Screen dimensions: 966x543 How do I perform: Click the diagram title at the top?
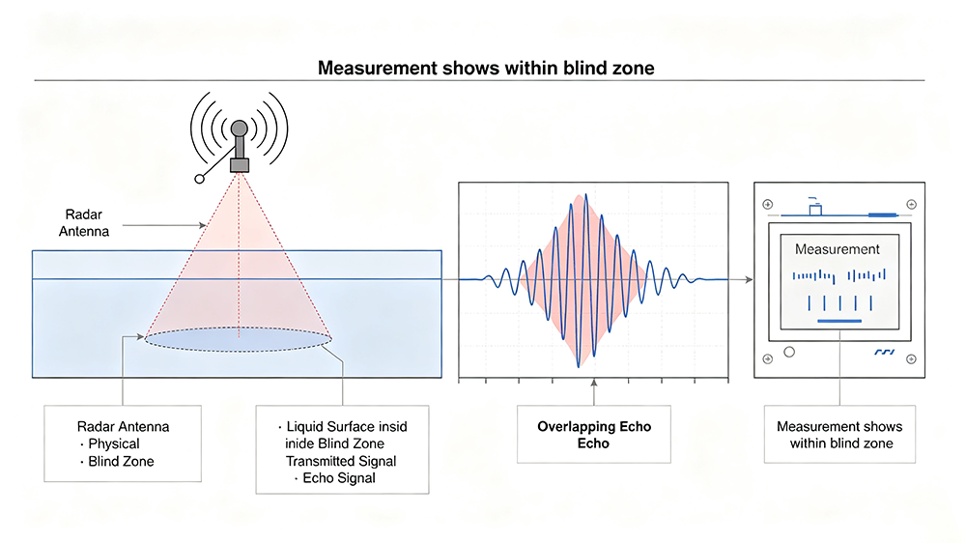coord(486,68)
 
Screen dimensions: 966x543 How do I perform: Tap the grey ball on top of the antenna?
coord(239,129)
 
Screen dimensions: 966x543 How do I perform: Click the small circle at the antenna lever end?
coord(200,179)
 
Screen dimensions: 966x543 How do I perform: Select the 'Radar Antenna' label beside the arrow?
coord(84,222)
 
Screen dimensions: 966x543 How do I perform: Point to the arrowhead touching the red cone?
coord(202,225)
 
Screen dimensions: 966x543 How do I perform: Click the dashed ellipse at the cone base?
coord(239,339)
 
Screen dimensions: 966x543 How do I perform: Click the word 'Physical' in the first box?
coord(114,443)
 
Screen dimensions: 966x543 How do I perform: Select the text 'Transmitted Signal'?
coord(341,461)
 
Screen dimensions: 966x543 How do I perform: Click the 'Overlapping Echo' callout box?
coord(594,434)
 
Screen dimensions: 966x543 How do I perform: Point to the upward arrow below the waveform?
coord(594,392)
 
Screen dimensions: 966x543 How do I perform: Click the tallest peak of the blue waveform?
coord(586,196)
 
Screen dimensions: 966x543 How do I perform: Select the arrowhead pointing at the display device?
coord(749,279)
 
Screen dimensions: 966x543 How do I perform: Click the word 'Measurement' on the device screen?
coord(837,249)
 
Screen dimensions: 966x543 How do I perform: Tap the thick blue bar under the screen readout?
coord(839,321)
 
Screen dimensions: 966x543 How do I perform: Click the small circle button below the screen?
coord(789,352)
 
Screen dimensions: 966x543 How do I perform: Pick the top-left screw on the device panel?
coord(768,204)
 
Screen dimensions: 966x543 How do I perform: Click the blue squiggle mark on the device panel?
coord(884,352)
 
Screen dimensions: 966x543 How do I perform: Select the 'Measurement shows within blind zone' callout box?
coord(839,434)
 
